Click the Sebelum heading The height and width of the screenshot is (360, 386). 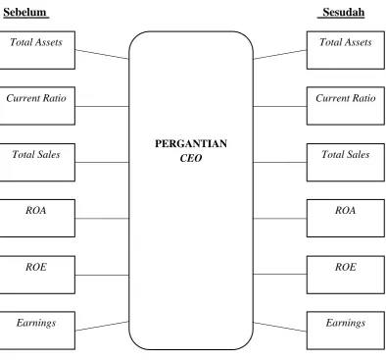click(x=25, y=13)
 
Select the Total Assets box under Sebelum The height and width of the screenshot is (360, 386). click(x=37, y=50)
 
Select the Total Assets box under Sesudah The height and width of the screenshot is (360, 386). click(x=346, y=50)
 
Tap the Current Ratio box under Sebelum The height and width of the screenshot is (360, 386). click(x=37, y=106)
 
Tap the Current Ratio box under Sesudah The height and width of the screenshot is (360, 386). click(x=346, y=106)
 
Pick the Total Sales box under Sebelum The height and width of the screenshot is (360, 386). click(x=37, y=162)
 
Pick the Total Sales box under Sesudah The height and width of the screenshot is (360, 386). click(x=346, y=162)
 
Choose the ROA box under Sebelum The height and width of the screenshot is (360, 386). click(x=37, y=218)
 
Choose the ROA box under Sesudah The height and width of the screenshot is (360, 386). click(x=346, y=218)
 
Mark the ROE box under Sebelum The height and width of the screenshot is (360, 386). click(x=37, y=275)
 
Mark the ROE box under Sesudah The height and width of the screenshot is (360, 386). click(x=346, y=275)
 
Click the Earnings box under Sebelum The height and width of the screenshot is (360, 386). click(x=37, y=331)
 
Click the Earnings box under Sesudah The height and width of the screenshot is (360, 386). click(x=346, y=331)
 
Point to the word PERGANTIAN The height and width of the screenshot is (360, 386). click(x=191, y=143)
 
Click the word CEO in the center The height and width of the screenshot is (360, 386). click(x=191, y=158)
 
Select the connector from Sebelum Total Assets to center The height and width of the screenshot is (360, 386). click(x=102, y=54)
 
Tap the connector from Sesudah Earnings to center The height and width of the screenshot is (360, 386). click(x=280, y=327)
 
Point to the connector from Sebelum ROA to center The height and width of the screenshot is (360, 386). click(x=102, y=218)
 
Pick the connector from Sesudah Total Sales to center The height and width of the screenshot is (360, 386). click(x=280, y=162)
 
